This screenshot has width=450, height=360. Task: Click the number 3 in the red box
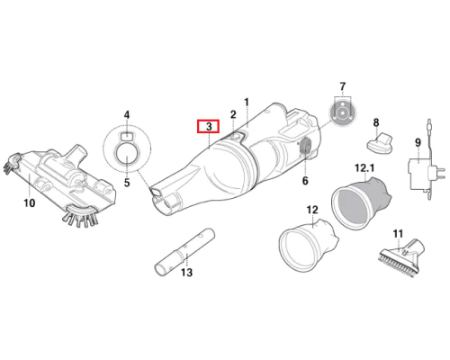209,126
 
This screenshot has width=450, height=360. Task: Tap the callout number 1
247,103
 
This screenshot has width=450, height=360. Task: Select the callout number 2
233,114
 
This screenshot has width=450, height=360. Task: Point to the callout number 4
127,115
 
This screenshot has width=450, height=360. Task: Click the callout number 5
127,183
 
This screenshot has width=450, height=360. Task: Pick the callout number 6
305,181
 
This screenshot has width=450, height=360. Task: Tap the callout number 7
343,86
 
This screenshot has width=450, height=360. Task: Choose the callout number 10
29,203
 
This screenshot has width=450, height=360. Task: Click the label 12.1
364,168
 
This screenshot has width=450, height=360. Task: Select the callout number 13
186,273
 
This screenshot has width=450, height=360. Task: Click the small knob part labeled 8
379,142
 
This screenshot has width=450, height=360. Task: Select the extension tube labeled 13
184,252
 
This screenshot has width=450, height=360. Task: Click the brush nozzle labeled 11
401,257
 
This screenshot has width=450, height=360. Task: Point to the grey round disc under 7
341,113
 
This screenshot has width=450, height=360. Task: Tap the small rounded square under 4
126,136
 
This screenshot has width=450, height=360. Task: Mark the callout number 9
418,142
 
